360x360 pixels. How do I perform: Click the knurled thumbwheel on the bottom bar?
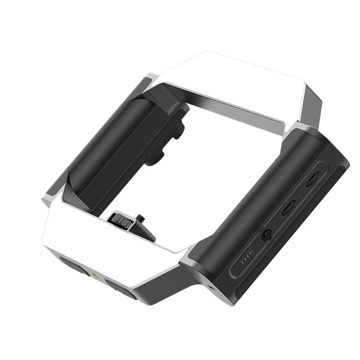pyautogui.click(x=121, y=220)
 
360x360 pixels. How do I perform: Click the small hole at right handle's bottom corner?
pyautogui.click(x=211, y=287)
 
